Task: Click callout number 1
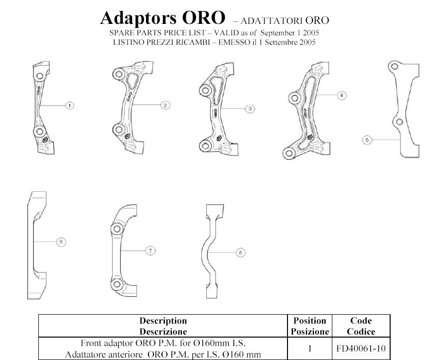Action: pyautogui.click(x=70, y=105)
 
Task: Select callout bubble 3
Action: pyautogui.click(x=250, y=109)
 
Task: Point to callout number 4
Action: pyautogui.click(x=341, y=95)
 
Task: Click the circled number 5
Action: pyautogui.click(x=367, y=140)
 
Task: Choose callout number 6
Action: pyautogui.click(x=61, y=242)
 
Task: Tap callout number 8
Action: pyautogui.click(x=241, y=253)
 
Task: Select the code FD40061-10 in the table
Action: pyautogui.click(x=361, y=348)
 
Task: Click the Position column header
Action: pyautogui.click(x=310, y=326)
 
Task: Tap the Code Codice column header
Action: pyautogui.click(x=361, y=326)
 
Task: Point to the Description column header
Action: pyautogui.click(x=163, y=326)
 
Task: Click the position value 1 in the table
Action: pyautogui.click(x=310, y=348)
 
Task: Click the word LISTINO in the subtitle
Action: pyautogui.click(x=128, y=42)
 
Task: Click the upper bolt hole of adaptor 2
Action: pyautogui.click(x=119, y=75)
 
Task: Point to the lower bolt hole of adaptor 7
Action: pyautogui.click(x=117, y=285)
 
